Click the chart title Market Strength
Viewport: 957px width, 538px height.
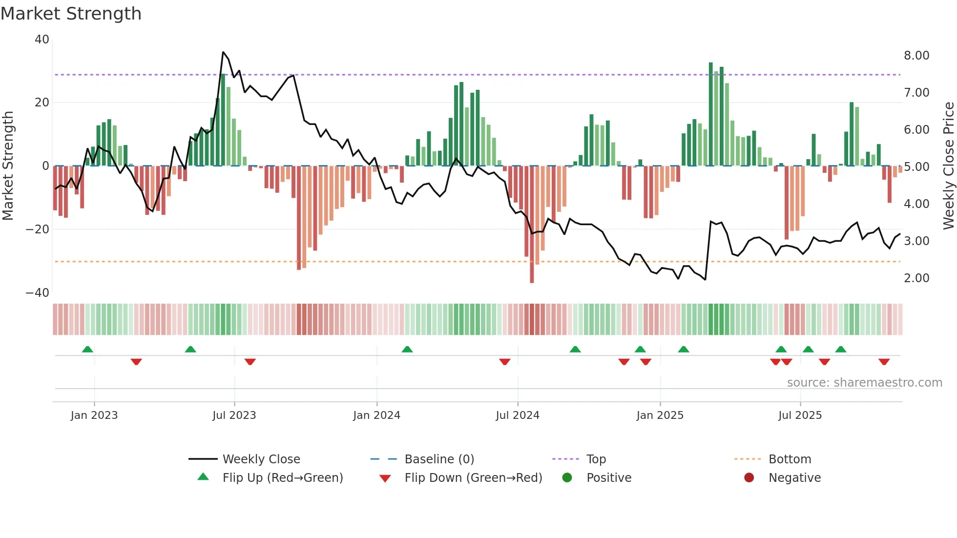click(x=71, y=14)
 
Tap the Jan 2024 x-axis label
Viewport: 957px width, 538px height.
click(x=376, y=415)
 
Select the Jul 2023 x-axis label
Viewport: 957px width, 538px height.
click(x=234, y=415)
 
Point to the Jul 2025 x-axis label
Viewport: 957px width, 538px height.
click(x=800, y=415)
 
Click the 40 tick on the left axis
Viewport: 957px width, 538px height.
click(x=42, y=40)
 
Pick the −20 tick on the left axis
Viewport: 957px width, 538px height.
click(x=38, y=229)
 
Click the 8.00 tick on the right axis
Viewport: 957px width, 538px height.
click(x=916, y=56)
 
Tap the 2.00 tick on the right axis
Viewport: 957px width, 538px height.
click(x=916, y=278)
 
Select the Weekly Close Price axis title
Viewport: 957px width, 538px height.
click(x=948, y=166)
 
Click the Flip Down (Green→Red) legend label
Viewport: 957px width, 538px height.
click(x=473, y=478)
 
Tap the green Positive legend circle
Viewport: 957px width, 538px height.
click(x=567, y=478)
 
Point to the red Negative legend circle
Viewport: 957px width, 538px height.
click(x=749, y=478)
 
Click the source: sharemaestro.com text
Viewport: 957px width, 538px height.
click(x=864, y=383)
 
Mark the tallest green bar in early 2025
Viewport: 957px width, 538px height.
click(x=711, y=114)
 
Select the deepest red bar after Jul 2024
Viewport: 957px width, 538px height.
click(x=532, y=224)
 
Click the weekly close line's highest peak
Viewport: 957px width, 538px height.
click(x=223, y=52)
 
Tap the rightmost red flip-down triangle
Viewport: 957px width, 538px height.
click(x=884, y=362)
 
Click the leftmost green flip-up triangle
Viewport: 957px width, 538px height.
click(x=87, y=349)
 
